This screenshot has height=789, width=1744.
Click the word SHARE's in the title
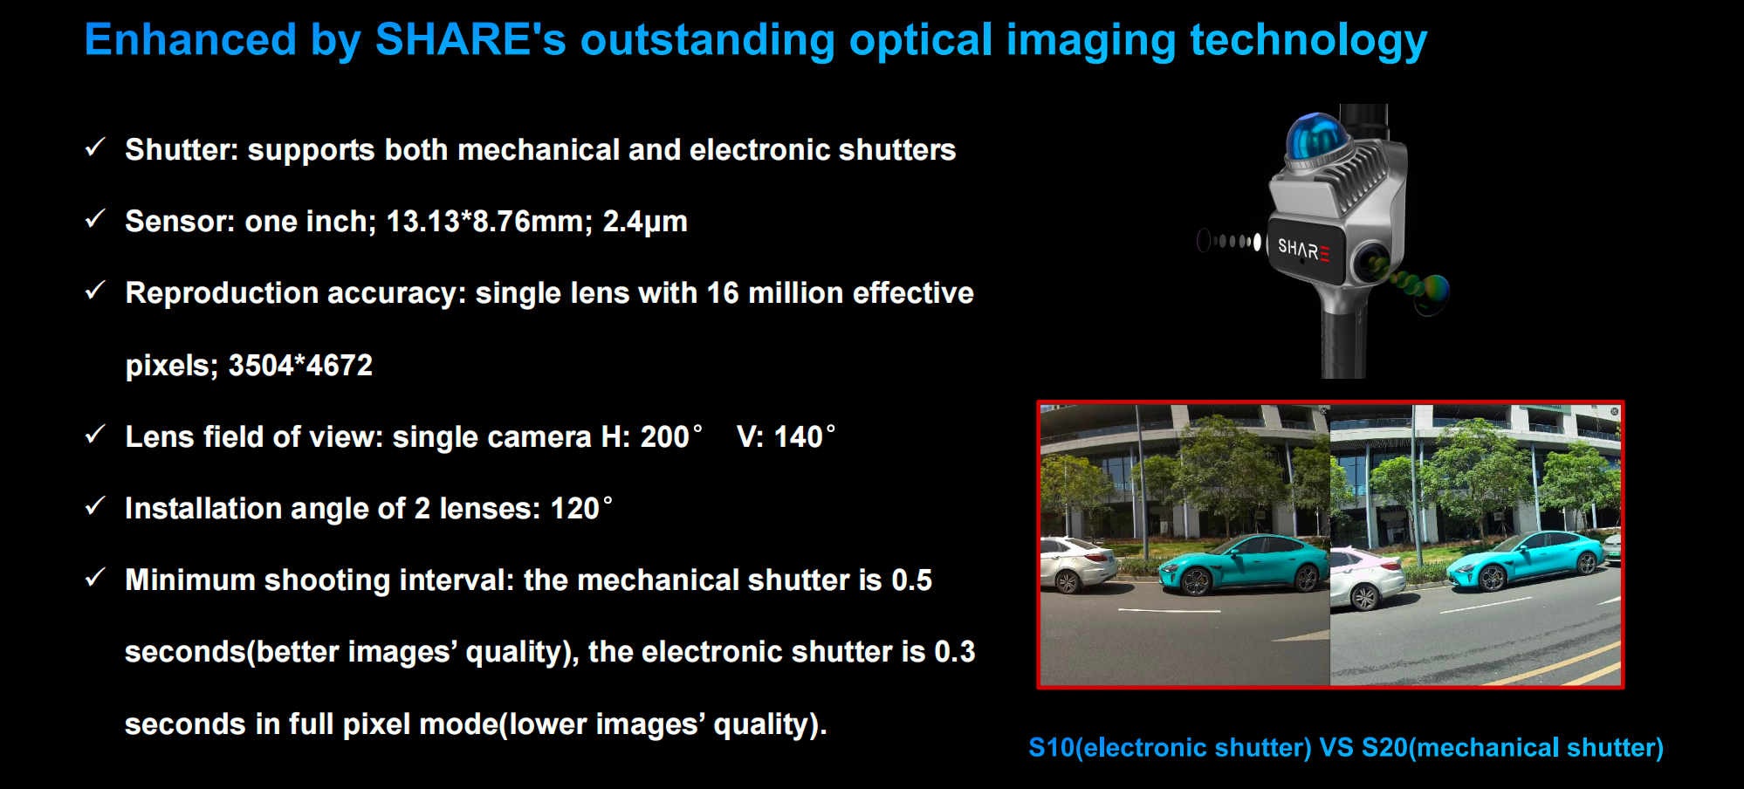tap(470, 40)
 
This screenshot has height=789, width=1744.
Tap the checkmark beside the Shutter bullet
tap(95, 148)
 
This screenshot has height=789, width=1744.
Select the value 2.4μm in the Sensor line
tap(645, 222)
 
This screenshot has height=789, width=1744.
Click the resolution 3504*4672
tap(300, 365)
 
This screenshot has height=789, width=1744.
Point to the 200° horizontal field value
tap(671, 436)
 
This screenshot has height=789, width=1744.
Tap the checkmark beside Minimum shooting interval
tap(95, 578)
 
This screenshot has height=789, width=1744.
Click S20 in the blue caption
tap(1384, 748)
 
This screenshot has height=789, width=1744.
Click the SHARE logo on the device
tap(1303, 250)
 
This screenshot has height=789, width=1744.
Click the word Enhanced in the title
tap(190, 40)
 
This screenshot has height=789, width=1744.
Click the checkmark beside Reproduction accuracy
tap(95, 291)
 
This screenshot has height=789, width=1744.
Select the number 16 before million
tap(723, 293)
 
